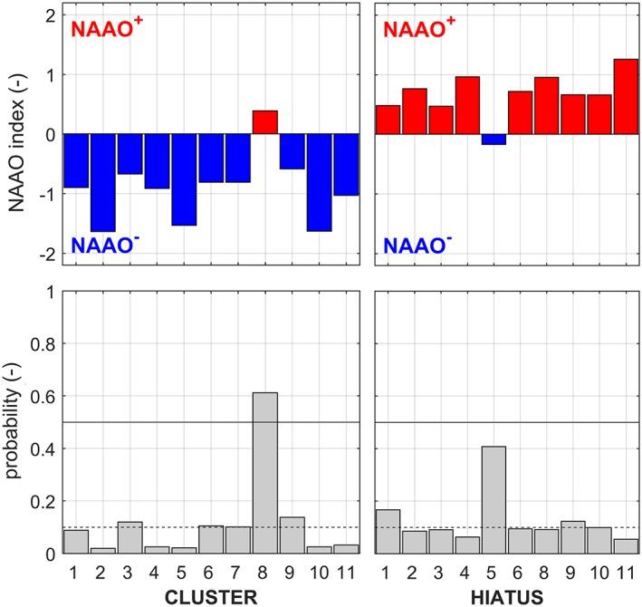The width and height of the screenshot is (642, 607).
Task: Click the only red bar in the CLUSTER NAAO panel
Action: pyautogui.click(x=264, y=122)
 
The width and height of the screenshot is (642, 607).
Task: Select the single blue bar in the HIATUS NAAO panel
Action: pyautogui.click(x=493, y=140)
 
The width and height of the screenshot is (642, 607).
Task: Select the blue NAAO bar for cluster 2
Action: pyautogui.click(x=102, y=182)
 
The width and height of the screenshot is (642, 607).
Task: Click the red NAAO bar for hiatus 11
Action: pyautogui.click(x=625, y=97)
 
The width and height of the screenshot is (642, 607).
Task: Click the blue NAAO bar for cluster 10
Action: pyautogui.click(x=319, y=182)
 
